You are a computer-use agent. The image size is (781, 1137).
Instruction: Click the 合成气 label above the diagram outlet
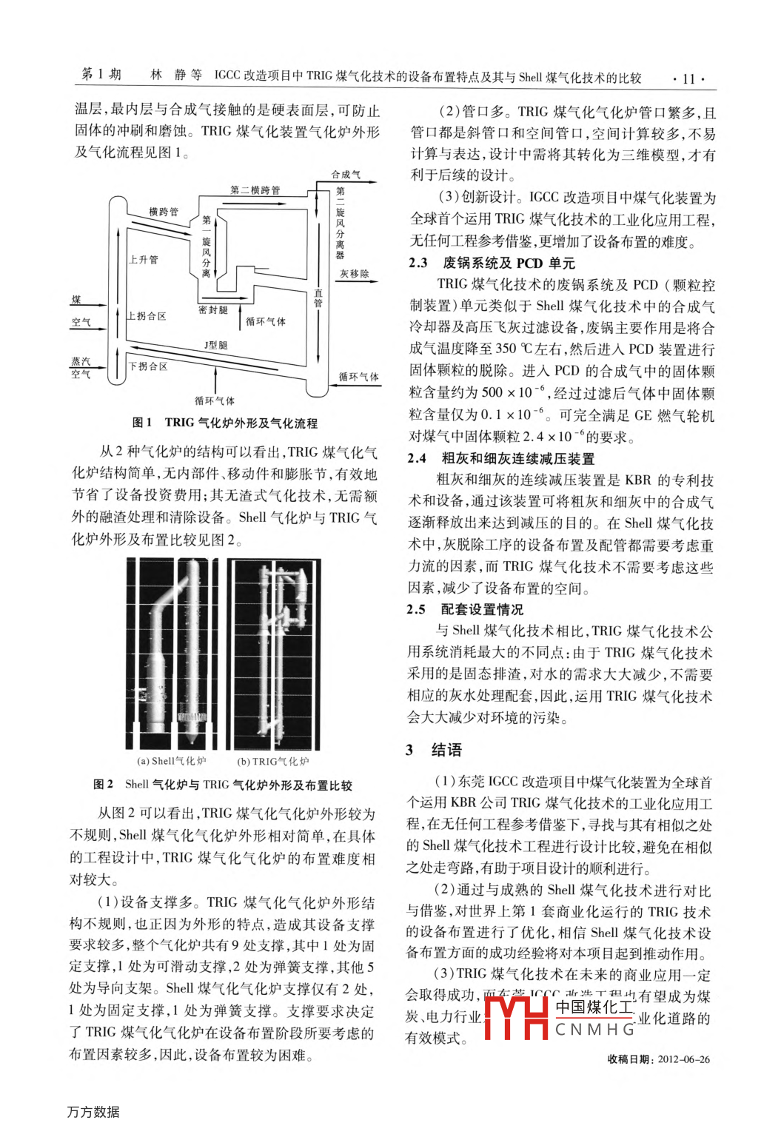point(346,175)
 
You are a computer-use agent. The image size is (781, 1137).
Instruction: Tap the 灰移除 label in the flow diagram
point(355,274)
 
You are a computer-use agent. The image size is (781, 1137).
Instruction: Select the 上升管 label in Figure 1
point(143,260)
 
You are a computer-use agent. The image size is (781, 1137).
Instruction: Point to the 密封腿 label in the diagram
point(213,310)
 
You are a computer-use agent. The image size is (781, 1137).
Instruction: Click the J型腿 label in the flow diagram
point(216,346)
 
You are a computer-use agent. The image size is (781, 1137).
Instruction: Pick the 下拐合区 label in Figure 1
point(148,366)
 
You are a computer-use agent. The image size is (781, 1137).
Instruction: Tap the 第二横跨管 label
point(255,190)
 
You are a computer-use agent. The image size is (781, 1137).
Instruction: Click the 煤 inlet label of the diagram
point(76,300)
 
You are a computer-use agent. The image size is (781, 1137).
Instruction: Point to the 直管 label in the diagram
point(318,298)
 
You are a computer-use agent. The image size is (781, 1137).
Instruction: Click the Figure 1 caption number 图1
point(142,423)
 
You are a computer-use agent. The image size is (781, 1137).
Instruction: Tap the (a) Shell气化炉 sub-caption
point(172,761)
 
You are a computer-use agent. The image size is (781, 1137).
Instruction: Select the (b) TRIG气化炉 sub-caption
point(272,761)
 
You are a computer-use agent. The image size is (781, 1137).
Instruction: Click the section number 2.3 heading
point(418,263)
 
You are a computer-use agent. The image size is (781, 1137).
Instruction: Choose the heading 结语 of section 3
point(446,750)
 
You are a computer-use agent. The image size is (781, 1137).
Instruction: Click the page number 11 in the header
point(688,79)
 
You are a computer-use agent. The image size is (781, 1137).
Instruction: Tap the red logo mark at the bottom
point(516,1019)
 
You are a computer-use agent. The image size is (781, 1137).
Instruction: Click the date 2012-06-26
point(683,1059)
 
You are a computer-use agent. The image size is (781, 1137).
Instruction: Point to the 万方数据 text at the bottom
point(93,1112)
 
